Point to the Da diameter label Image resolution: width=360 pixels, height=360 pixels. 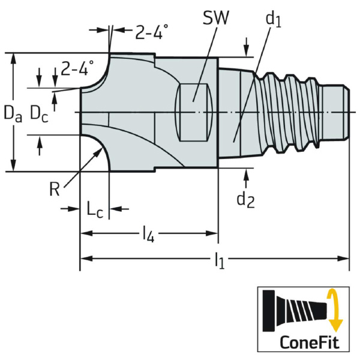pyautogui.click(x=13, y=112)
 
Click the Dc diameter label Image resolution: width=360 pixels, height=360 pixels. pyautogui.click(x=39, y=112)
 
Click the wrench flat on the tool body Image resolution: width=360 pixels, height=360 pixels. pyautogui.click(x=194, y=112)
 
